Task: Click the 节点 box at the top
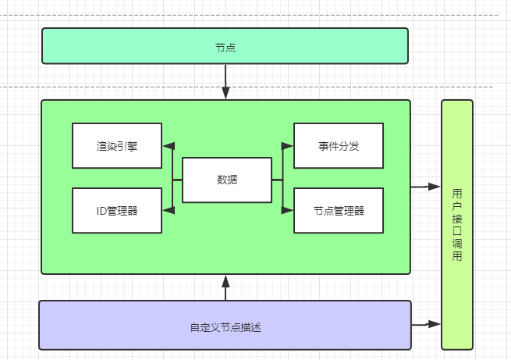point(225,46)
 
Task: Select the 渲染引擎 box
point(117,145)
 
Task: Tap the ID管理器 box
point(117,210)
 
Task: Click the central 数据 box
point(227,180)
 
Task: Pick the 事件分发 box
point(339,145)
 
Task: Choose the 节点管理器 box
point(339,210)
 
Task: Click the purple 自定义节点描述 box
point(225,325)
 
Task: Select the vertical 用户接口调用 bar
point(457,225)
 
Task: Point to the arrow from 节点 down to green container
point(225,82)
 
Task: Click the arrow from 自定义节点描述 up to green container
point(225,287)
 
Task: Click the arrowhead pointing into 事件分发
point(288,145)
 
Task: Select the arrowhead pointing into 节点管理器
point(288,209)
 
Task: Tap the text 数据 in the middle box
point(227,180)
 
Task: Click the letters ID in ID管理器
point(101,210)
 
